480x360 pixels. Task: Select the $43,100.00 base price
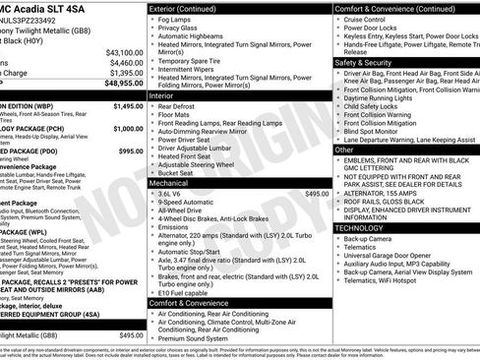[124, 52]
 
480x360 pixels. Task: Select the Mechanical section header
[169, 183]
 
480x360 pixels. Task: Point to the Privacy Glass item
[179, 30]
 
